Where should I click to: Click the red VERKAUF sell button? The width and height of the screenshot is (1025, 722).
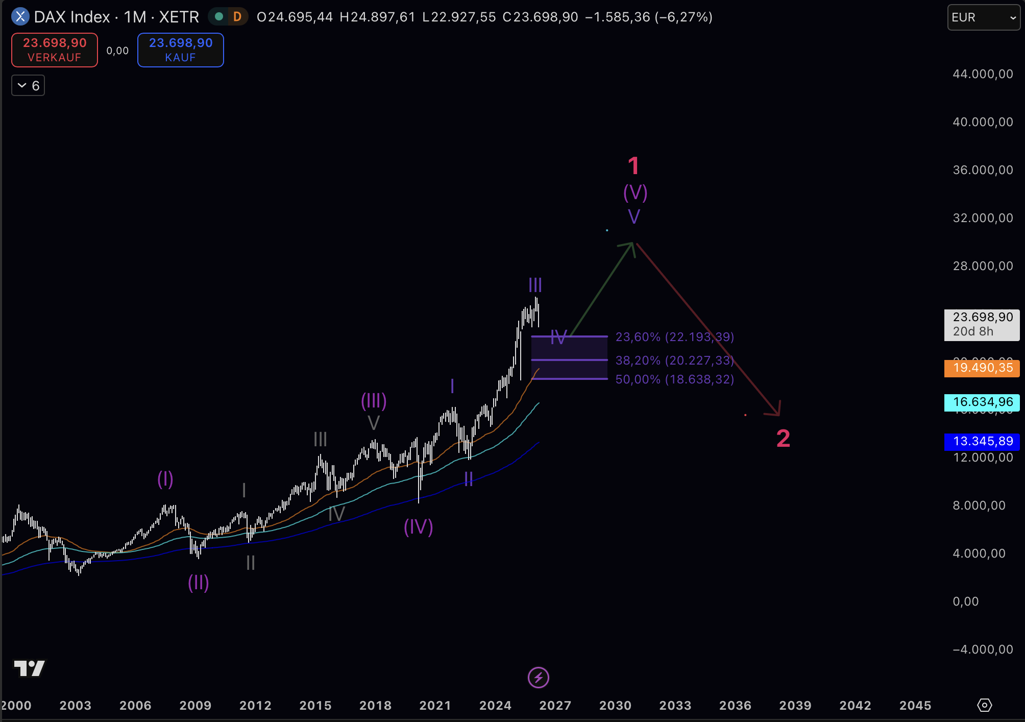[55, 50]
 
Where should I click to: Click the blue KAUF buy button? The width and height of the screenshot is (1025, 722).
[180, 50]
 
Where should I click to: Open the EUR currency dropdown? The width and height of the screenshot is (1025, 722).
[983, 17]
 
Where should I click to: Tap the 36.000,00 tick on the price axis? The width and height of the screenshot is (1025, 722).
[983, 170]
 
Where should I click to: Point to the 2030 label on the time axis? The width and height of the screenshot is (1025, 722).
[615, 706]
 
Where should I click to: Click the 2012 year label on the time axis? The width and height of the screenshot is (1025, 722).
[255, 706]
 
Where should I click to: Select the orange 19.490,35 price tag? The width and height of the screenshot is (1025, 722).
[982, 368]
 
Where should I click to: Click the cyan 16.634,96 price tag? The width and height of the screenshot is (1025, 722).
[982, 402]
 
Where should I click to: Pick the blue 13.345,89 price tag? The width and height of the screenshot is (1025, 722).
[982, 442]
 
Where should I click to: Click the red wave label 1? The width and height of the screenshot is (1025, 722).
[633, 166]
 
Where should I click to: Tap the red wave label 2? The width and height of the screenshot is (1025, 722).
[783, 439]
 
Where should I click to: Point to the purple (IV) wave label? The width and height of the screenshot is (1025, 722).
[418, 527]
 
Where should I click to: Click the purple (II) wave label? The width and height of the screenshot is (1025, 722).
[199, 583]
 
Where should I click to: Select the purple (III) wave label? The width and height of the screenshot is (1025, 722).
[374, 401]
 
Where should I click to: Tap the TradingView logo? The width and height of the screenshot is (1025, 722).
[29, 668]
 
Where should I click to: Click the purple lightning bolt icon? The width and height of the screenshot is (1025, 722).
[538, 678]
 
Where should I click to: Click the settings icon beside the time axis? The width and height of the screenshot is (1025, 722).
[984, 705]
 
